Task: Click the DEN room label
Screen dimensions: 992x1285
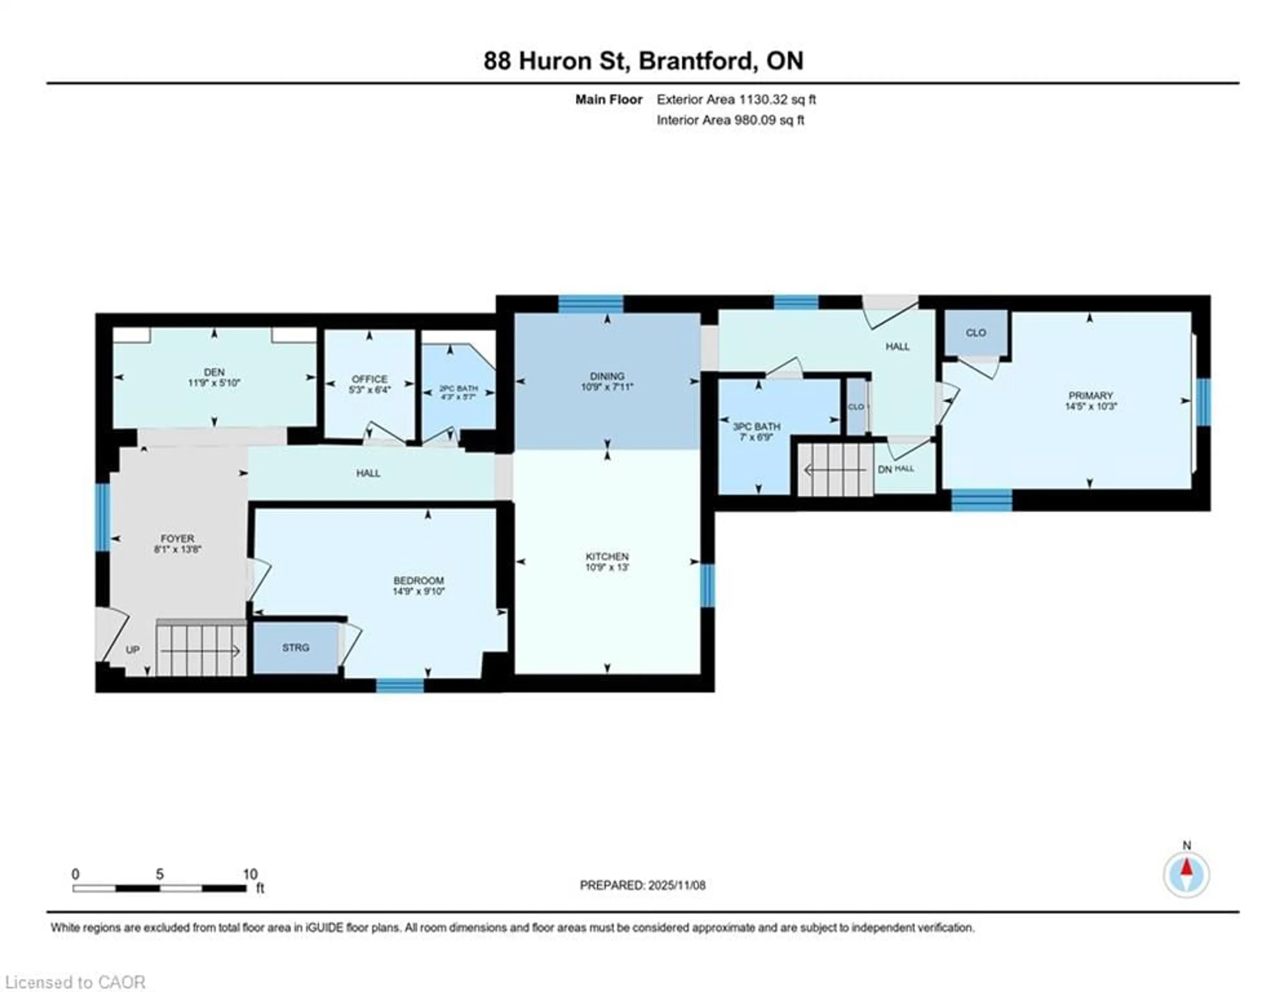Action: coord(214,372)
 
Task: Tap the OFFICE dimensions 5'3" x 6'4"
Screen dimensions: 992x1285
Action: coord(369,390)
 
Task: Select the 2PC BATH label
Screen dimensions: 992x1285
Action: coord(458,388)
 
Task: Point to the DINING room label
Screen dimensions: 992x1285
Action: coord(607,376)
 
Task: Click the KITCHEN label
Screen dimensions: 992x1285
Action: coord(607,556)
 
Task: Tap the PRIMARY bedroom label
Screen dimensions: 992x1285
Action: coord(1090,395)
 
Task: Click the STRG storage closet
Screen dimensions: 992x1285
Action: coord(295,647)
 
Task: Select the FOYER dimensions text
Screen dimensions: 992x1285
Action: coord(178,550)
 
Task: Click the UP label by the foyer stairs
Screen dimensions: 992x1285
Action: coord(133,650)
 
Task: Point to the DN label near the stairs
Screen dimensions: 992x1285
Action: coord(884,470)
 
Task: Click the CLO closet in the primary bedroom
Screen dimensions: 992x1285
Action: coord(975,332)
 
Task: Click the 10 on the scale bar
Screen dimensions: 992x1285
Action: coord(250,874)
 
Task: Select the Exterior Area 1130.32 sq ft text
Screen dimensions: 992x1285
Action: coord(736,99)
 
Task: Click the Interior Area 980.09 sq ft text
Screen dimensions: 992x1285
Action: coord(730,120)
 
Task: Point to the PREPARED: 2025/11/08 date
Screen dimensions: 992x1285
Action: coord(642,885)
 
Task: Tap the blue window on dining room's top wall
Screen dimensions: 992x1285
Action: coord(590,304)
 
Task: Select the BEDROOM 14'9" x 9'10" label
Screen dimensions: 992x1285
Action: coord(418,586)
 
